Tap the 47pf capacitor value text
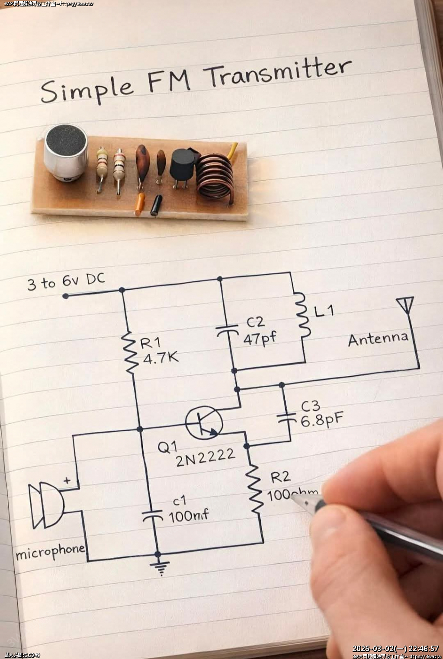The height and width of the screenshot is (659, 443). click(260, 338)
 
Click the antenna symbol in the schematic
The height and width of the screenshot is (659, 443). click(405, 304)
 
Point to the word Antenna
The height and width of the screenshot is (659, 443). click(378, 339)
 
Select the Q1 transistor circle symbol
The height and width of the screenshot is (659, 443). click(204, 422)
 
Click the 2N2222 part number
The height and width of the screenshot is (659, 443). click(205, 457)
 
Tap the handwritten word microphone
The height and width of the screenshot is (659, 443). click(50, 552)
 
